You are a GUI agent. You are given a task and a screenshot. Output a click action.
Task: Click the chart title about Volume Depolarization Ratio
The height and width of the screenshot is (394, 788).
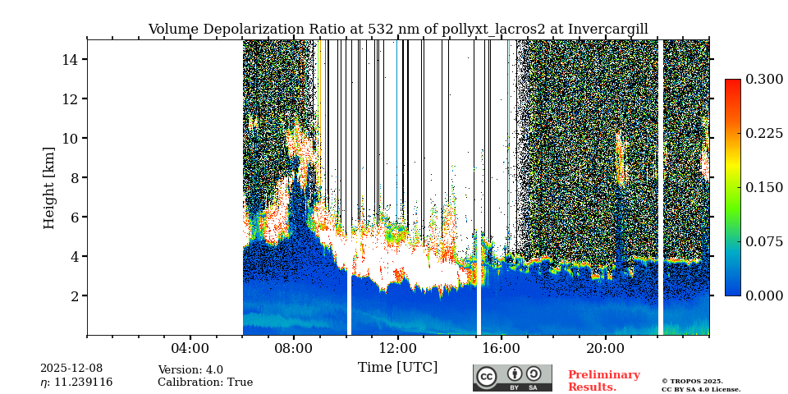pos(397,30)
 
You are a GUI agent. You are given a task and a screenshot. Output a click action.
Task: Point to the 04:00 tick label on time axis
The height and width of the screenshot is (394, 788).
pos(190,348)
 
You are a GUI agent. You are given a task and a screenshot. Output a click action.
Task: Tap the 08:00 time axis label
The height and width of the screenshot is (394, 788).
pos(294,348)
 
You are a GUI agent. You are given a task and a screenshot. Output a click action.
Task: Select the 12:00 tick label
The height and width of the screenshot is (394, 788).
pos(398,348)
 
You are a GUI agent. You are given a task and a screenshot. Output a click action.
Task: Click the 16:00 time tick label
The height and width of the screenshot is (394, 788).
pos(502,348)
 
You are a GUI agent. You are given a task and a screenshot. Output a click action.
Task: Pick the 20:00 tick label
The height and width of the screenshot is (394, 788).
pos(606,348)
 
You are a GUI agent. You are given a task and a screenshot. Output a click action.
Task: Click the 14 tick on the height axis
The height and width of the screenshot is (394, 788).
pos(70,59)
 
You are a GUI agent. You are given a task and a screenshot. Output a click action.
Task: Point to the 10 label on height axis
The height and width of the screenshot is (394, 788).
pos(70,138)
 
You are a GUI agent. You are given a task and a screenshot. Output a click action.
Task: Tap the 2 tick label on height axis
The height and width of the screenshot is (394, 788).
pos(74,295)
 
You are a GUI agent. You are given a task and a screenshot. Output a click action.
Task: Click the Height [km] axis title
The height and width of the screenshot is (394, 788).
pos(49,187)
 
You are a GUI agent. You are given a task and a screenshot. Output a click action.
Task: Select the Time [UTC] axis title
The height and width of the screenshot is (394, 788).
pos(397,368)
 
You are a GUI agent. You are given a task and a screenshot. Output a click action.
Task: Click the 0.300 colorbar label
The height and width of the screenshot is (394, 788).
pos(764,80)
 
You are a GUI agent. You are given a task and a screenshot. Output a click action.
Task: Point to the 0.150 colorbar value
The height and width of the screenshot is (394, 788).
pos(764,187)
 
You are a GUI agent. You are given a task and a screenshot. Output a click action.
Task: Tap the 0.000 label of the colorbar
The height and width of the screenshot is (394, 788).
pos(764,295)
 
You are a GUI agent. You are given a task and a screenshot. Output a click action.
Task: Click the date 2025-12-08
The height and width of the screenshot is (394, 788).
pos(71,369)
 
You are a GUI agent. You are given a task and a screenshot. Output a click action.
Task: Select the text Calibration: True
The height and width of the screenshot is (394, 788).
pos(205,383)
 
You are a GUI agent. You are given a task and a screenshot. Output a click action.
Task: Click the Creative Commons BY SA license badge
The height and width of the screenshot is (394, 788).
pos(512,378)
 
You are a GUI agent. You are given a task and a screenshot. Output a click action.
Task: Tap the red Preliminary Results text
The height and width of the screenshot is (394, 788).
pos(603,381)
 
